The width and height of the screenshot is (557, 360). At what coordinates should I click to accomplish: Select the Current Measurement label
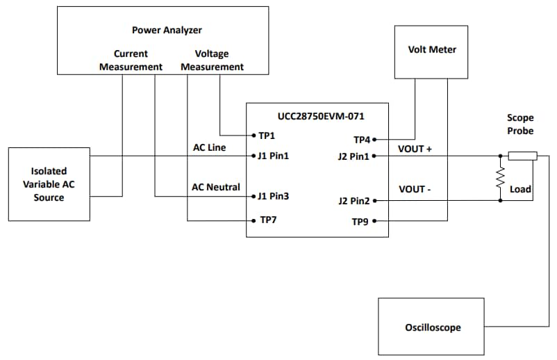(131, 60)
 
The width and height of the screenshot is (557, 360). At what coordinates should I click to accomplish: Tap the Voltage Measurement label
(212, 60)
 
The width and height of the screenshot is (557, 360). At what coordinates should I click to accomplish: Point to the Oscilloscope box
(432, 327)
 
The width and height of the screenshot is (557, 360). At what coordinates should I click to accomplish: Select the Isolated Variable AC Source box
(48, 184)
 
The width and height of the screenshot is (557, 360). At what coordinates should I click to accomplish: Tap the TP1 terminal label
(267, 136)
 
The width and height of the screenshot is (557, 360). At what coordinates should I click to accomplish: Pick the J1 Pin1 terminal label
(272, 156)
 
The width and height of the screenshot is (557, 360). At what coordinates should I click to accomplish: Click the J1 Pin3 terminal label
(272, 197)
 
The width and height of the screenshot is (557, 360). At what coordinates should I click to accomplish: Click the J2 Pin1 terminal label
(354, 156)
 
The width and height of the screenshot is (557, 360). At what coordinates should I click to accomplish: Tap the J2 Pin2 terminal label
(354, 202)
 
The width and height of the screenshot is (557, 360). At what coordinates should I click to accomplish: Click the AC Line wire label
(209, 148)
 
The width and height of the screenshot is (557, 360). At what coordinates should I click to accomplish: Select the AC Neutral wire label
(215, 187)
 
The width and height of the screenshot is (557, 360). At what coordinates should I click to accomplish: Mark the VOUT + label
(415, 149)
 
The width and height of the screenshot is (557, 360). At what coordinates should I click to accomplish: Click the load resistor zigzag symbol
(499, 179)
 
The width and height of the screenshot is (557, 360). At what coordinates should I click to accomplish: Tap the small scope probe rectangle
(522, 156)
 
